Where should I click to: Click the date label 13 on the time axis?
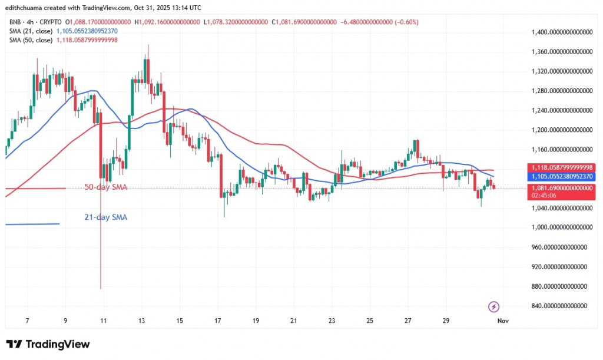[x=141, y=320]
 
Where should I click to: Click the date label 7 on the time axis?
[x=27, y=320]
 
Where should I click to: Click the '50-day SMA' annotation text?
[x=105, y=187]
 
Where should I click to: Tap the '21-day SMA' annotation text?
[x=105, y=217]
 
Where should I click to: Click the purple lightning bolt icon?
[x=494, y=306]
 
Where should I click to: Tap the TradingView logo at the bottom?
[x=48, y=344]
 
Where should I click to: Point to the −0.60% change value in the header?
[x=405, y=22]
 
